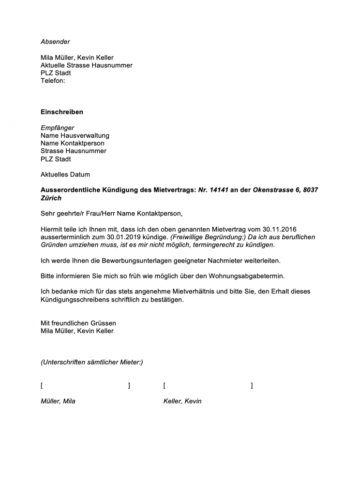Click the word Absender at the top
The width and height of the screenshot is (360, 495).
point(55,42)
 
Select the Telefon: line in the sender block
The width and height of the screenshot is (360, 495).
point(53,81)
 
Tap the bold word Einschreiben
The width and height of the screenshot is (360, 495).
point(62,112)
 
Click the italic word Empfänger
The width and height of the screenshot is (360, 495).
point(58,128)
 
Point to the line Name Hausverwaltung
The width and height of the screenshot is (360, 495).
point(75,136)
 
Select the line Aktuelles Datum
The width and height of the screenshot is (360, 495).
point(65,175)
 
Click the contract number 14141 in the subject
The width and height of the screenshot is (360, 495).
point(219,190)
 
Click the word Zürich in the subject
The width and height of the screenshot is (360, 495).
point(51,198)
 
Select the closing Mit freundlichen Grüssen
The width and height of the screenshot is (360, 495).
point(78,323)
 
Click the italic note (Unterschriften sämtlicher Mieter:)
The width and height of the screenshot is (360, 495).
point(92,362)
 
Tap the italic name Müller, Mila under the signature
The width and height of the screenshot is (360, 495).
point(58,401)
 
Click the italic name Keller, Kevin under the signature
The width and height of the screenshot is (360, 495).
point(182,401)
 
